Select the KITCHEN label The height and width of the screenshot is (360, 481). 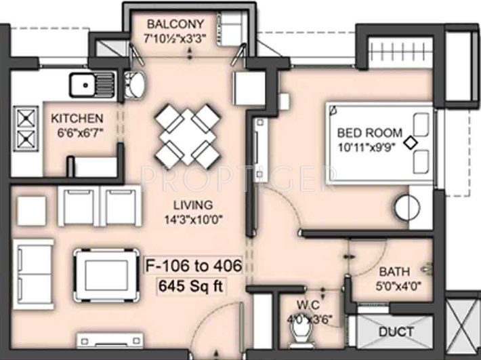tap(77, 118)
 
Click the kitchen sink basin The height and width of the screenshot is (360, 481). tap(85, 85)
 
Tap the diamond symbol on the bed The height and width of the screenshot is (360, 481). tap(410, 142)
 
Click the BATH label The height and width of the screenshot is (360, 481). tap(393, 272)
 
